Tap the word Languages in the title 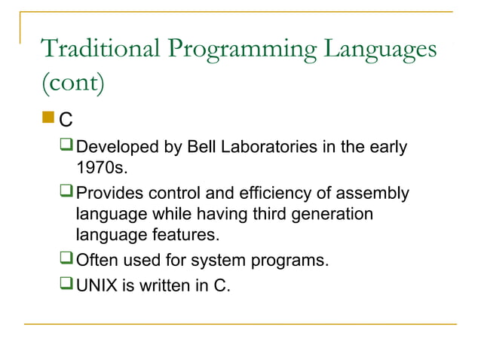coord(380,50)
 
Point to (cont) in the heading coord(72,83)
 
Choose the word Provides coord(111,194)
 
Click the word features coord(188,236)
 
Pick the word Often coord(97,261)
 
